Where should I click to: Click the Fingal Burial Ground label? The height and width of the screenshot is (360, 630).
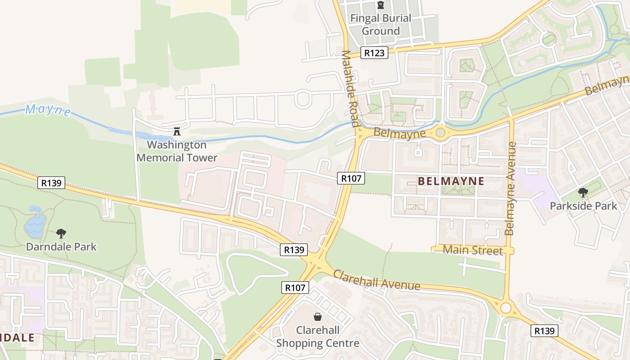click(x=381, y=25)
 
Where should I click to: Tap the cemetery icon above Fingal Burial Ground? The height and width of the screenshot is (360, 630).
click(x=381, y=6)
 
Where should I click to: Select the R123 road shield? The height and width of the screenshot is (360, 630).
click(x=374, y=53)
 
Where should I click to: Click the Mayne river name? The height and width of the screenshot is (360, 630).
click(x=48, y=110)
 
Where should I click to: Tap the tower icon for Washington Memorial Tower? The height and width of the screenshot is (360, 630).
click(x=176, y=132)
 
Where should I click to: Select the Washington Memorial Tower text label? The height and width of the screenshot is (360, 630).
click(x=177, y=151)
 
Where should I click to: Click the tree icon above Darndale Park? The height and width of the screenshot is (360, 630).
click(x=61, y=234)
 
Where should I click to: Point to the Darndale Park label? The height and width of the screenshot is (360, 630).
click(x=61, y=247)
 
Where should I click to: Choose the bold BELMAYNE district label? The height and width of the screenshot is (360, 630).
click(x=451, y=181)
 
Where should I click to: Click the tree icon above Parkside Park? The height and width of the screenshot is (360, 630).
click(x=583, y=193)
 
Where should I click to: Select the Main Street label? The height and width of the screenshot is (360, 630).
click(x=472, y=250)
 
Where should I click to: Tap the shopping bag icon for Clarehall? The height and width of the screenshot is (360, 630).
click(x=318, y=317)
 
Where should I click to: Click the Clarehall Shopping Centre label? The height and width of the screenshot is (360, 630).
click(x=318, y=337)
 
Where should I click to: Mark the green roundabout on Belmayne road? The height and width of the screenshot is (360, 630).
click(x=441, y=132)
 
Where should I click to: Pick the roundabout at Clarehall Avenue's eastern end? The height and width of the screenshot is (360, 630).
click(x=506, y=308)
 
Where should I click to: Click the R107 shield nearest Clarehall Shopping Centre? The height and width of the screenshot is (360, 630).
click(x=295, y=288)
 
